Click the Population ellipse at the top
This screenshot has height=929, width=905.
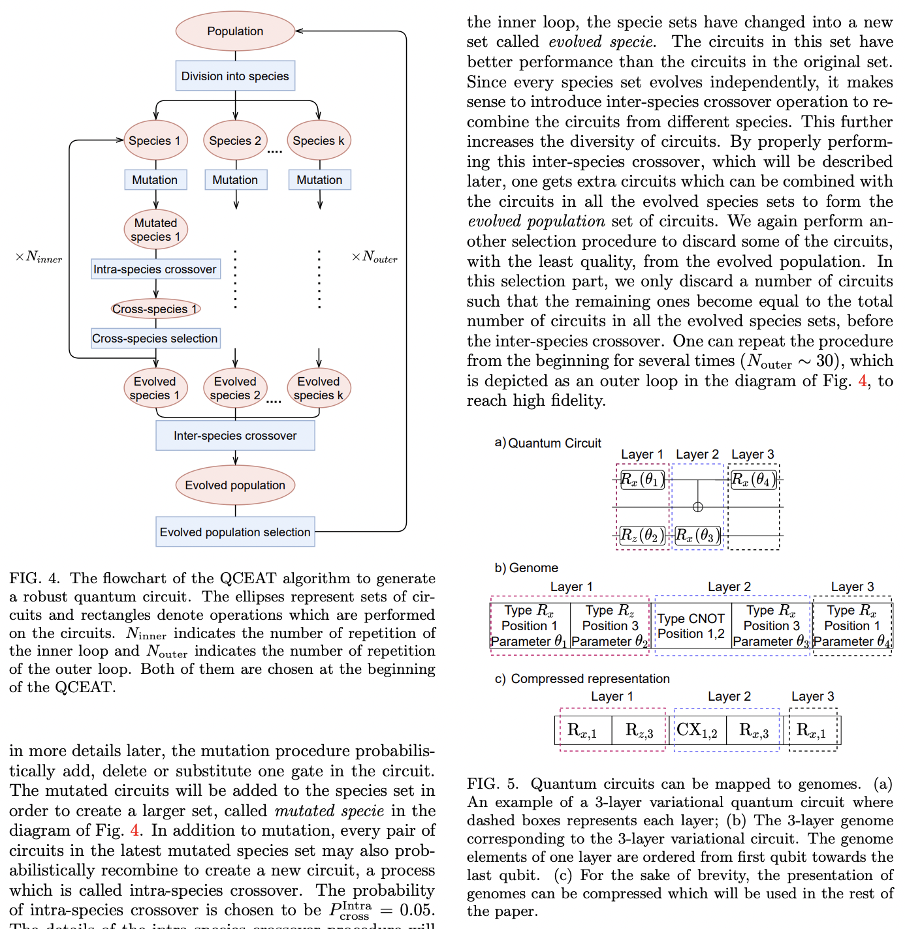pos(235,31)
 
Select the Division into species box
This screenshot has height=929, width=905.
pos(235,76)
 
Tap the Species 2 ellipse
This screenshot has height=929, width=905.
pos(235,140)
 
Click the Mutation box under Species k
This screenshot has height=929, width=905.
pos(319,179)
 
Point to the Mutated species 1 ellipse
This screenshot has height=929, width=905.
pos(155,230)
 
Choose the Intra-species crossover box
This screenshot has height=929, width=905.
pos(155,269)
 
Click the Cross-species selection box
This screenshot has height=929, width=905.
pos(155,338)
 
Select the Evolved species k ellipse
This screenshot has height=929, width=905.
pos(319,388)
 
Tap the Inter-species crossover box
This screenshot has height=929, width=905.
pos(235,435)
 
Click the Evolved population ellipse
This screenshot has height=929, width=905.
pos(235,485)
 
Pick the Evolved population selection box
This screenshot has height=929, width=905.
pos(235,532)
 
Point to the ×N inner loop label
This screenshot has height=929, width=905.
pos(39,257)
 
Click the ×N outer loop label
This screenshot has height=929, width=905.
pos(374,257)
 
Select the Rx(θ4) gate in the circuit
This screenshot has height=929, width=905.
pos(754,480)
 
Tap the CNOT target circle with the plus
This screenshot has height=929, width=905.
pos(697,507)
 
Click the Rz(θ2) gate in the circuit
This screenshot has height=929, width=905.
pos(642,536)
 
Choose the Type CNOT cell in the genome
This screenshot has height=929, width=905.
pos(691,626)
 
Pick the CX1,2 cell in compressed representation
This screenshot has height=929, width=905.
pos(697,730)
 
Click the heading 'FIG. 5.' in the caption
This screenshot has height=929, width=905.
pos(492,784)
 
